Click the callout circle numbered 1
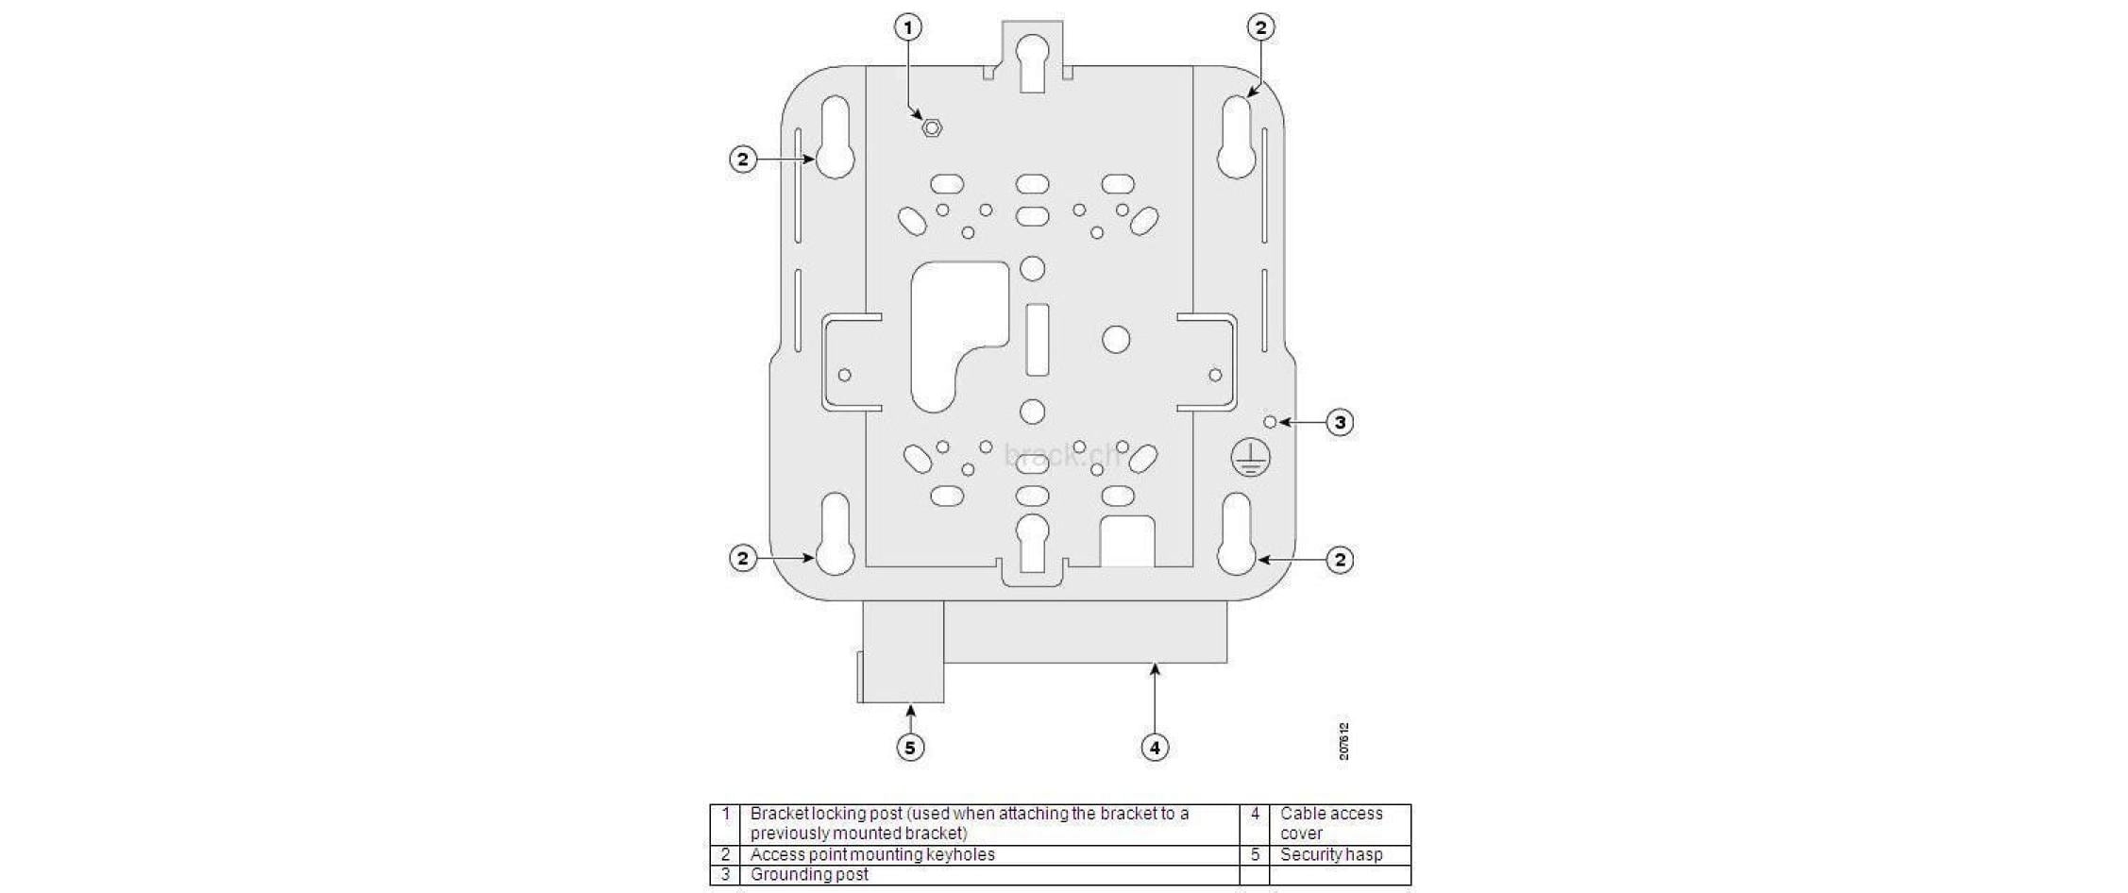[908, 28]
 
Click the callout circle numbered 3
[1340, 422]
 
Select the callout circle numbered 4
[1155, 748]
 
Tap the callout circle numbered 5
[909, 748]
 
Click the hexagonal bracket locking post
[932, 127]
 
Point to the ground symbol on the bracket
[1250, 458]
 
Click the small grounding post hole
[1270, 422]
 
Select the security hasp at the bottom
[903, 653]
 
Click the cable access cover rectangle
[1086, 632]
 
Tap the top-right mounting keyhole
[1236, 138]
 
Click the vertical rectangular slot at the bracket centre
[1037, 340]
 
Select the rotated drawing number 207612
[1343, 741]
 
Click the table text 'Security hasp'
[1330, 854]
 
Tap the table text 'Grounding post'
[809, 874]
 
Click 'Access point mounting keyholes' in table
[872, 854]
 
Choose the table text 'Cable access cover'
[1330, 823]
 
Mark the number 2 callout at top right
[1260, 28]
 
